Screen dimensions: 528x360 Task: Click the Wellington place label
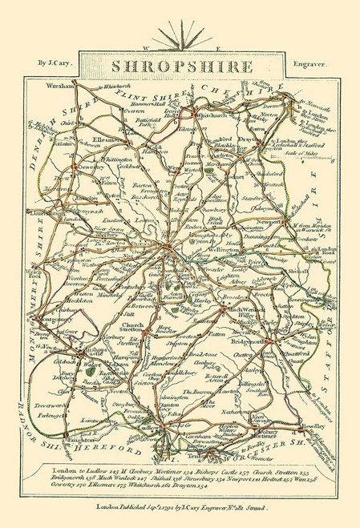point(224,250)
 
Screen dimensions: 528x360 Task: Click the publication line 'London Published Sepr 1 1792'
point(180,507)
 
